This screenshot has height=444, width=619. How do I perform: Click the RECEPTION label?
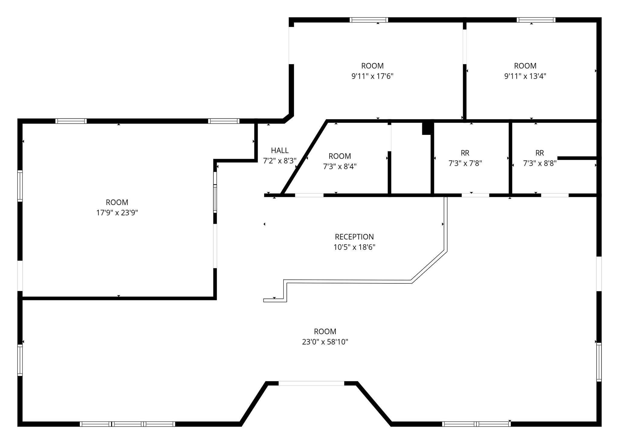(x=354, y=237)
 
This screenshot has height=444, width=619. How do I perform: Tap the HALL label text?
(x=280, y=150)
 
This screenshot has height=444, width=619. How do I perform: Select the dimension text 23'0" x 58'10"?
(x=325, y=342)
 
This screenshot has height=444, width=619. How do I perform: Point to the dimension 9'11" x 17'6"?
(x=372, y=76)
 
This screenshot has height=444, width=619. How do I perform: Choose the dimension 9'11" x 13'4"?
(x=525, y=76)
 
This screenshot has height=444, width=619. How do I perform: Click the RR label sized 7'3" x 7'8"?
(x=465, y=153)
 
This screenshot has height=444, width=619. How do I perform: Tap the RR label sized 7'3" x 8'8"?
(x=540, y=153)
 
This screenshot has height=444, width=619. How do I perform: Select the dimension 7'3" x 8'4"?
(x=340, y=167)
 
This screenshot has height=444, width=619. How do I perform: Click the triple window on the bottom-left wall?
(x=127, y=424)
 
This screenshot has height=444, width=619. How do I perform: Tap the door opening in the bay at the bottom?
(x=311, y=383)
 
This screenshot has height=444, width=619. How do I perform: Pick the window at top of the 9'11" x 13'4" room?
(x=536, y=20)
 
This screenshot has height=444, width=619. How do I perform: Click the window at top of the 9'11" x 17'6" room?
(x=369, y=20)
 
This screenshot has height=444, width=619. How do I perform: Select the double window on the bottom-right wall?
(x=476, y=424)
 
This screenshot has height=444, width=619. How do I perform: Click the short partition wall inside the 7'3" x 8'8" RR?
(x=577, y=158)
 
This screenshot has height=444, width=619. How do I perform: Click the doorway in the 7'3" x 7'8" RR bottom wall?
(x=475, y=195)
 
